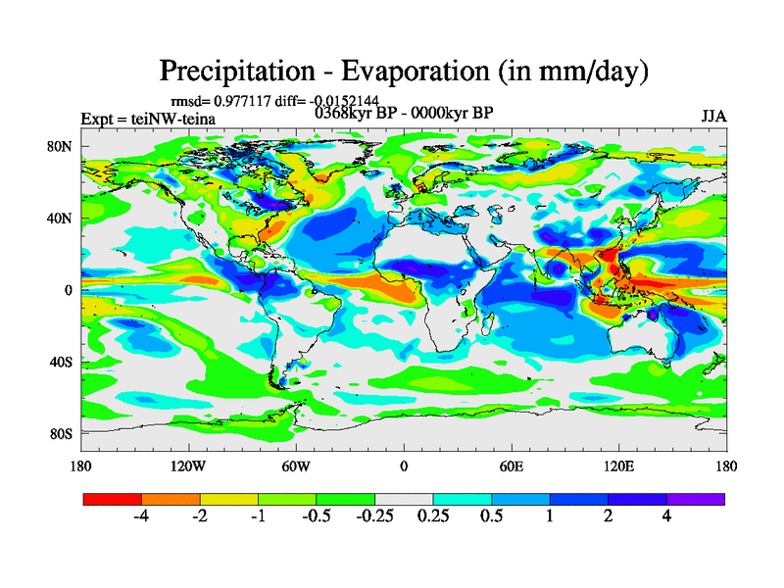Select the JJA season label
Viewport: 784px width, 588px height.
point(713,117)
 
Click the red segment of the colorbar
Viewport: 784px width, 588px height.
point(113,499)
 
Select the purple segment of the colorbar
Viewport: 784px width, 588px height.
point(696,499)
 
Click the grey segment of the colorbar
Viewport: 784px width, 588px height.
point(404,499)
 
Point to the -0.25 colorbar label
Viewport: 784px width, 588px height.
point(373,517)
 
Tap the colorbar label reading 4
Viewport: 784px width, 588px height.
point(666,517)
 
